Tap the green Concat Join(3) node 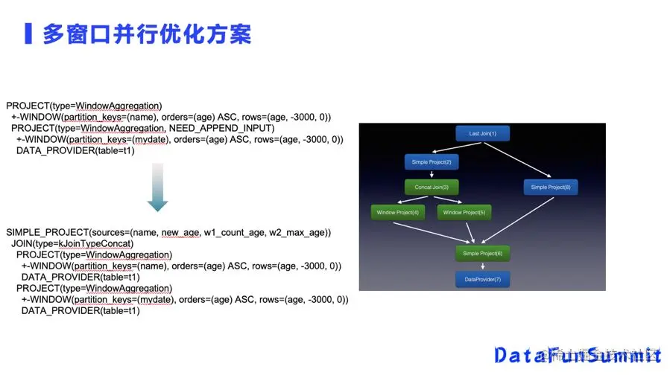pyautogui.click(x=432, y=187)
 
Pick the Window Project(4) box pyautogui.click(x=398, y=213)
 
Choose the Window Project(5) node pyautogui.click(x=463, y=213)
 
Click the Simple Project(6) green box pyautogui.click(x=482, y=253)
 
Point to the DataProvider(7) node pyautogui.click(x=482, y=280)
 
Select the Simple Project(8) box pyautogui.click(x=550, y=187)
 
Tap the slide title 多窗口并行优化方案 pyautogui.click(x=146, y=34)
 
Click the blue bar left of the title pyautogui.click(x=28, y=34)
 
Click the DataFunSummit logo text pyautogui.click(x=578, y=354)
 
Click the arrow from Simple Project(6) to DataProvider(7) pyautogui.click(x=482, y=266)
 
